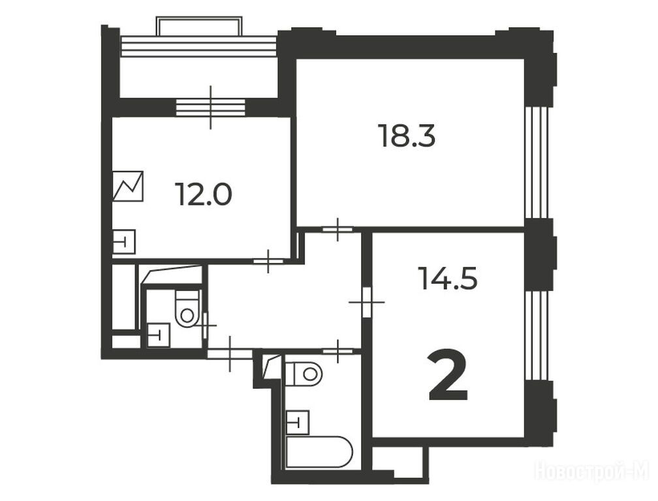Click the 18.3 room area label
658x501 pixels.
[x=407, y=136]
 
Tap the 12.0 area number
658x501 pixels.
[x=204, y=194]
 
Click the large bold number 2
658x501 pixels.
[x=448, y=376]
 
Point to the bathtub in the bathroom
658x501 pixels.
[x=319, y=452]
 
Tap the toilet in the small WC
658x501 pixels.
[x=187, y=309]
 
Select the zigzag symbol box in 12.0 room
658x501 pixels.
[x=128, y=186]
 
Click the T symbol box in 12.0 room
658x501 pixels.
[x=124, y=242]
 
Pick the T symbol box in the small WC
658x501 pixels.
[x=158, y=335]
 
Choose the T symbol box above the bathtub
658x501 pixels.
[x=298, y=422]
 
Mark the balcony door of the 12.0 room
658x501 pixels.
[x=210, y=108]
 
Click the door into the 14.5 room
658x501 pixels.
[x=367, y=302]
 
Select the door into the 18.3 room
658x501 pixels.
[x=338, y=230]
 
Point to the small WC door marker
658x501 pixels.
[x=206, y=325]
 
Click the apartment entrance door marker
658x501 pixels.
[x=230, y=354]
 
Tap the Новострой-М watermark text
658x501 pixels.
[x=592, y=471]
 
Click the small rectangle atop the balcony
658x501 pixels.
[x=199, y=26]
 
